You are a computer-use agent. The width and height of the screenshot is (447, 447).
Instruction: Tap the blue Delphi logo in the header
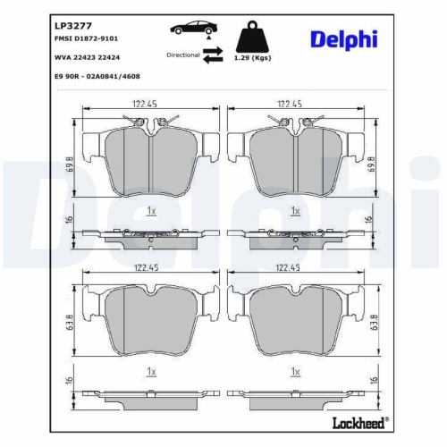[344, 38]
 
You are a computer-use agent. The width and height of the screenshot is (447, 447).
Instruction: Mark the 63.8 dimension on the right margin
[371, 320]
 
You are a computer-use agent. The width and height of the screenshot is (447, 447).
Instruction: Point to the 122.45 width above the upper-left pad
[149, 105]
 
